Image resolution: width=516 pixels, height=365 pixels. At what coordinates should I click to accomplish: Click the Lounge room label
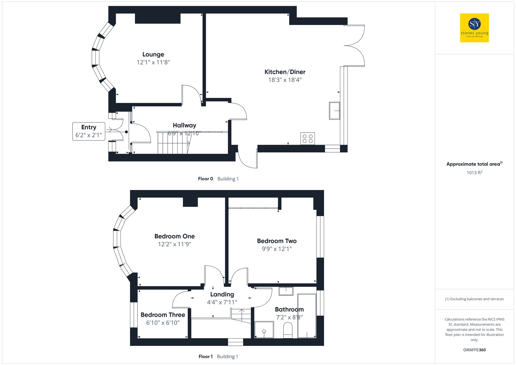pyautogui.click(x=153, y=54)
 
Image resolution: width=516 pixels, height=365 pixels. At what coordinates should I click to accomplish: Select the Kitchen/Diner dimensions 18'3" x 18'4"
pyautogui.click(x=285, y=80)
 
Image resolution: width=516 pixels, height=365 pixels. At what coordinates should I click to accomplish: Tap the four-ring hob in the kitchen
pyautogui.click(x=308, y=139)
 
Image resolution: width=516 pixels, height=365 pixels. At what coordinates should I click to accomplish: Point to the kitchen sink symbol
pyautogui.click(x=334, y=111)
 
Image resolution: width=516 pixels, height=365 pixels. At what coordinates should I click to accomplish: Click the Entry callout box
pyautogui.click(x=89, y=131)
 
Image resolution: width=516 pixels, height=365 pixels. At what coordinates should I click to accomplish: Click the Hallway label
pyautogui.click(x=184, y=125)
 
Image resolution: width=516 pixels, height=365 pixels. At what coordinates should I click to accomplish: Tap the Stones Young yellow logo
pyautogui.click(x=474, y=28)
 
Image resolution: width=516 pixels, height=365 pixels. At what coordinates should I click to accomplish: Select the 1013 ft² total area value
pyautogui.click(x=474, y=173)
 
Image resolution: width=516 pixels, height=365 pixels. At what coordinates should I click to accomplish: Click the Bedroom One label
pyautogui.click(x=174, y=236)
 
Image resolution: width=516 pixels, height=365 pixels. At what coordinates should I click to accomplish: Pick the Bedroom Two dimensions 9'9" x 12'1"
pyautogui.click(x=277, y=249)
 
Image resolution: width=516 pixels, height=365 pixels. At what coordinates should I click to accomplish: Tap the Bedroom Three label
pyautogui.click(x=163, y=315)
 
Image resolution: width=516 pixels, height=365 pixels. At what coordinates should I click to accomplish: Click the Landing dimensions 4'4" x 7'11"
pyautogui.click(x=222, y=302)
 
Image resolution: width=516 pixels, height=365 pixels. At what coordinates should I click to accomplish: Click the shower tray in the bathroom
pyautogui.click(x=264, y=329)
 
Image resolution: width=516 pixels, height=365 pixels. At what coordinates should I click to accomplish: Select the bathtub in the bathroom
pyautogui.click(x=307, y=316)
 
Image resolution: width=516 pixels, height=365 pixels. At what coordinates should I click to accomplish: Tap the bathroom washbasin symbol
pyautogui.click(x=286, y=291)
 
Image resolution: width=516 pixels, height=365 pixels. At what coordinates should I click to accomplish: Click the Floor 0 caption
pyautogui.click(x=205, y=179)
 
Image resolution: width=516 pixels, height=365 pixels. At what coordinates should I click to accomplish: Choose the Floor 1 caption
pyautogui.click(x=205, y=356)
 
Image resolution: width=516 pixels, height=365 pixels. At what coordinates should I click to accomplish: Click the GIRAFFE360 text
pyautogui.click(x=474, y=350)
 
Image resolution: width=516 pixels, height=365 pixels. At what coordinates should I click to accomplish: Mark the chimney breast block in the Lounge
pyautogui.click(x=158, y=18)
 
